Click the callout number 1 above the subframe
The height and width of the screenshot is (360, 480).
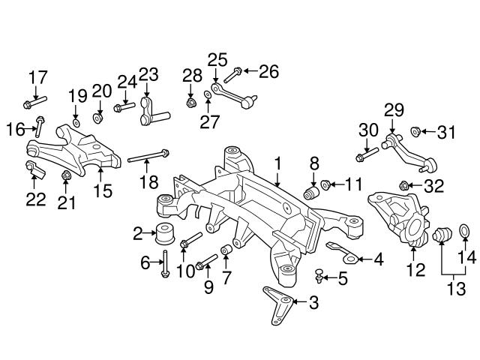[277, 163]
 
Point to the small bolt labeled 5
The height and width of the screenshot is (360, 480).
[320, 278]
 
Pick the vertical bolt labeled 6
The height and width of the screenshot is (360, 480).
[164, 265]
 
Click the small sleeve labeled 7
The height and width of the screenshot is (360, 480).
[224, 250]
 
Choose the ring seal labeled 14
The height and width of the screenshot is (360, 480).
[463, 229]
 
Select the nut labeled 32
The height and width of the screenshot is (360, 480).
[405, 184]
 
